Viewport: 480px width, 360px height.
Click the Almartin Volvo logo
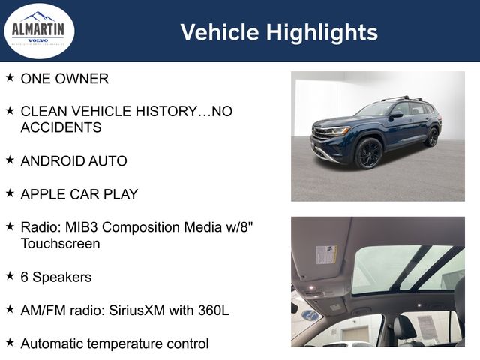39,31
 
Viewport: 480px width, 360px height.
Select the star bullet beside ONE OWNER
10,77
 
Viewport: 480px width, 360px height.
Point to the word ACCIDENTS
61,127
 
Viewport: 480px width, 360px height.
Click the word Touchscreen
60,244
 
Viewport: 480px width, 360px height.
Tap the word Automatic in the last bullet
53,343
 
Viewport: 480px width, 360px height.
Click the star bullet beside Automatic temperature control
10,342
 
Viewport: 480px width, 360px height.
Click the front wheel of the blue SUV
369,153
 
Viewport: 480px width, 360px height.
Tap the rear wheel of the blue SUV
432,136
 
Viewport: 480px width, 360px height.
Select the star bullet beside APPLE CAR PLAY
10,193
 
